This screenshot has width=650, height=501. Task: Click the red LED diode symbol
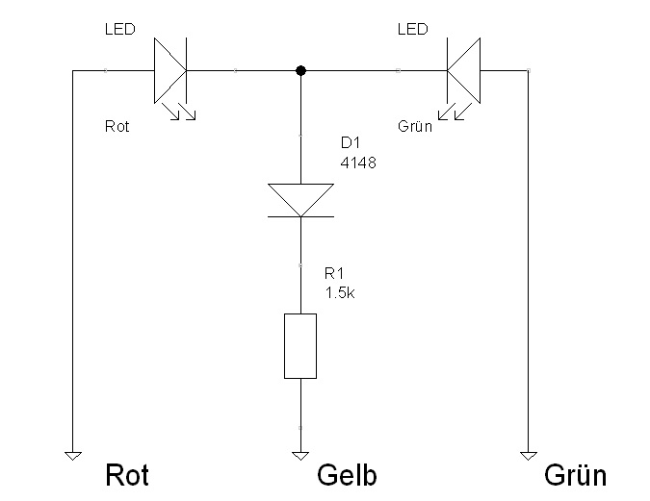coord(169,70)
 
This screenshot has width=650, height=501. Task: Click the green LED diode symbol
coord(463,70)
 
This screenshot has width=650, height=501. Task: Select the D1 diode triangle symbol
coord(300,200)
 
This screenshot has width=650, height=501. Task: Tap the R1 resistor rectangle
coord(300,345)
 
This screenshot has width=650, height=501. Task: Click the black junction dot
coord(300,70)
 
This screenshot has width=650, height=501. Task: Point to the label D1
coord(351,143)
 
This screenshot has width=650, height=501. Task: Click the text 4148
coord(357,163)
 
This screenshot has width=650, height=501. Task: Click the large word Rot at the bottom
coord(127,475)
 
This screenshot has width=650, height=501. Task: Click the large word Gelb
coord(347,475)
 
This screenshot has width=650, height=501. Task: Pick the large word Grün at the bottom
coord(575,475)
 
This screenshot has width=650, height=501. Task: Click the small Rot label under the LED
coord(117,126)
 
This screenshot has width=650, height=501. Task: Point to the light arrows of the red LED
coord(180,112)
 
